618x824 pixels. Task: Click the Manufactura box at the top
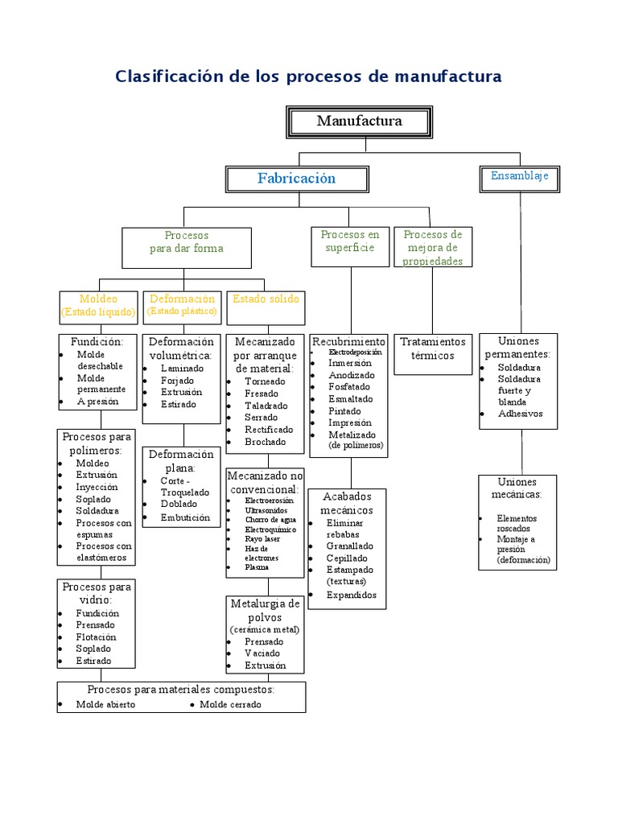point(359,122)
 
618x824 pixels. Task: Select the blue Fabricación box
point(297,179)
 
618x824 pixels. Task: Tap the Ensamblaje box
point(519,175)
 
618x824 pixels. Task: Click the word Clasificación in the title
point(168,76)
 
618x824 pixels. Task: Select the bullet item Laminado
point(183,368)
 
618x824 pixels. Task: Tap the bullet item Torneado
point(265,381)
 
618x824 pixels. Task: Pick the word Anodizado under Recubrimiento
point(352,375)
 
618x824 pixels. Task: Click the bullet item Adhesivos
point(521,414)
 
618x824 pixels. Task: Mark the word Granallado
point(350,546)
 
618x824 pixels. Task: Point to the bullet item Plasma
point(257,567)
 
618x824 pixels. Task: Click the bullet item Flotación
point(97,637)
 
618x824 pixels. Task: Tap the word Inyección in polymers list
point(97,487)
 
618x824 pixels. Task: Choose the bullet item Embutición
point(185,517)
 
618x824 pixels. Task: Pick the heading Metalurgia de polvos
point(265,610)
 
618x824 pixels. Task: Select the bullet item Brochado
point(265,442)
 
